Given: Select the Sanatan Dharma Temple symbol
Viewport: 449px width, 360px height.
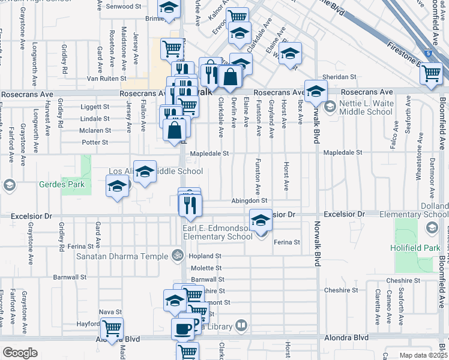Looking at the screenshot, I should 176,256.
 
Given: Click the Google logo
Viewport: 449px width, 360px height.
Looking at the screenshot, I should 20,353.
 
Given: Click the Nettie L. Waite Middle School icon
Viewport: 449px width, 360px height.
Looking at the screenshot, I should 330,107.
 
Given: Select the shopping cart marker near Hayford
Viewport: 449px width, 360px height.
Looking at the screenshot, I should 112,328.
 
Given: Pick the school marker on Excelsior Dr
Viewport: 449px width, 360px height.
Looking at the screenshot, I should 261,220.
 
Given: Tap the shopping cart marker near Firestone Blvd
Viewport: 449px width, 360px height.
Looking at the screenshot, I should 431,73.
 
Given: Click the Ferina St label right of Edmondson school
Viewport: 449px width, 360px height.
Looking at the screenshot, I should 286,242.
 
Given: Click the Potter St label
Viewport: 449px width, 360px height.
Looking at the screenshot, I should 95,142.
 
